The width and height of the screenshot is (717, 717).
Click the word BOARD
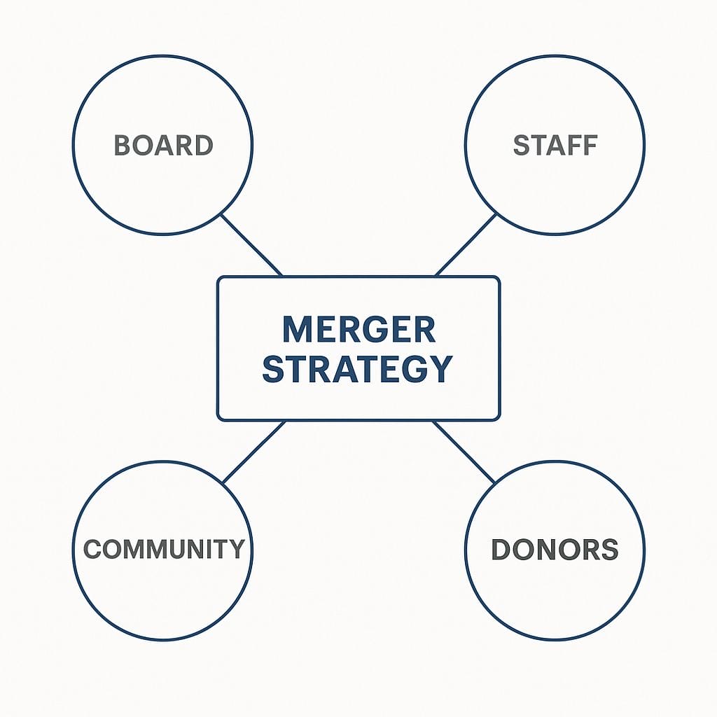tap(163, 146)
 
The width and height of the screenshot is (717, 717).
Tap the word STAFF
tap(555, 146)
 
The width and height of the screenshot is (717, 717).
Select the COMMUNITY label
tap(164, 549)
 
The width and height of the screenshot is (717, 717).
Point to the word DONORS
tap(555, 550)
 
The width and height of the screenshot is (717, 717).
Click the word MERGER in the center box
tap(358, 329)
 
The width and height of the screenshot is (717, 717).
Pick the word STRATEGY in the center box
tap(357, 369)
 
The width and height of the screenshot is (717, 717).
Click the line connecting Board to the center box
tap(251, 244)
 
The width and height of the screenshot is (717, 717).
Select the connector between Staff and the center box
tap(466, 244)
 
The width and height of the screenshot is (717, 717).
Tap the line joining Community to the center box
tap(253, 452)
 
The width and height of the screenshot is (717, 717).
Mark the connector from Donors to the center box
tap(464, 452)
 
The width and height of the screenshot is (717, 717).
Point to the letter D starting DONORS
tap(501, 550)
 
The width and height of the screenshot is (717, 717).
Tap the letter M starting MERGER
tap(295, 329)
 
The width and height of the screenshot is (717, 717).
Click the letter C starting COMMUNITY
tap(92, 549)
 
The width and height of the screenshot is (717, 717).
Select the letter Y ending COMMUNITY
tap(237, 549)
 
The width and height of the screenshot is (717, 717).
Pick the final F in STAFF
tap(589, 146)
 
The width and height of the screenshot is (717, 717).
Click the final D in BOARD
tap(204, 146)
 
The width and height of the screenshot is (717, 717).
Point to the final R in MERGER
tap(424, 329)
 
